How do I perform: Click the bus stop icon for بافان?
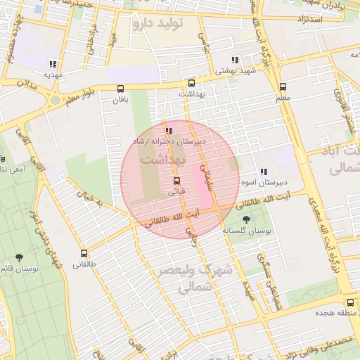121,89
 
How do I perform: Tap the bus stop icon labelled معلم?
283,87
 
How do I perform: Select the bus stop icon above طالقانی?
84,253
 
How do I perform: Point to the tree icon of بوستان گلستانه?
245,219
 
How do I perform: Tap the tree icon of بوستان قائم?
19,258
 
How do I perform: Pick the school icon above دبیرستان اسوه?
263,172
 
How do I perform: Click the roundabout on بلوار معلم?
56,101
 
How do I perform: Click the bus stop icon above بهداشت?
191,82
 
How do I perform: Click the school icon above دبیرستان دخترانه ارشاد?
169,131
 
